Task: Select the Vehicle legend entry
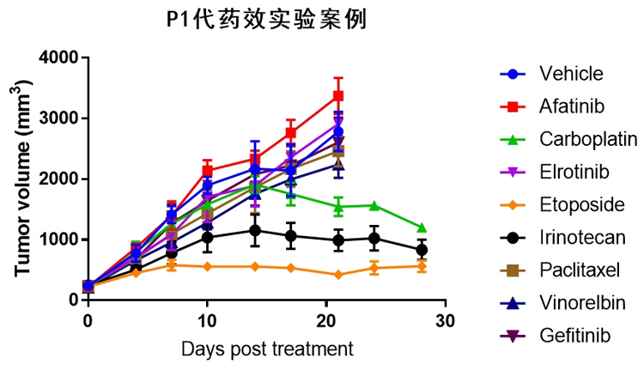coord(571,74)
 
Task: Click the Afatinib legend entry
coord(571,106)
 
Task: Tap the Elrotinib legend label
coord(574,172)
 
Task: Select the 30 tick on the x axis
coord(444,319)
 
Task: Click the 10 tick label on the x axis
coord(207,319)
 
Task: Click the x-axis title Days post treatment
coord(267,349)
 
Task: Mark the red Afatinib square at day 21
coord(338,95)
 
